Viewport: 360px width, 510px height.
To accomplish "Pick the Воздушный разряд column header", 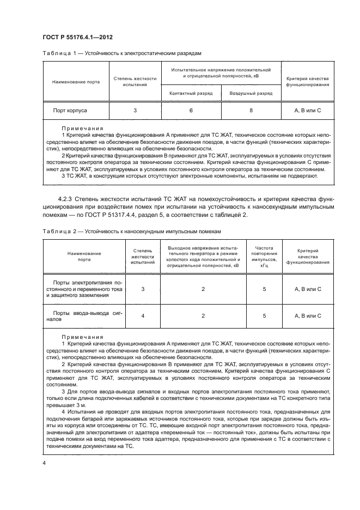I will [251, 93].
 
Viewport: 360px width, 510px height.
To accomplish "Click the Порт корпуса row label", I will [70, 110].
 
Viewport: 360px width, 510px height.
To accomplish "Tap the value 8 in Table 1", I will [251, 110].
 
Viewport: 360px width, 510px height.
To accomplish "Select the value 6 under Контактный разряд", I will [191, 110].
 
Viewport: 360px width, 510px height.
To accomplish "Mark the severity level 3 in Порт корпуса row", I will [135, 110].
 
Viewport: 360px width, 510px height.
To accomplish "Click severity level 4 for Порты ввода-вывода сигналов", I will [143, 315].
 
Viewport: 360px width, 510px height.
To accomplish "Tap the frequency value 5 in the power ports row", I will [264, 289].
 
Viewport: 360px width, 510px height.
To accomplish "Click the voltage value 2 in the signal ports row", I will [203, 315].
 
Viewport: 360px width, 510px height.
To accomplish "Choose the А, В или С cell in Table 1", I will [308, 110].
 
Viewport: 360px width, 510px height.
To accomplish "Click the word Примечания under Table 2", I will [82, 337].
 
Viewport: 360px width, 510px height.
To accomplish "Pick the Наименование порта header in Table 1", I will [76, 82].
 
